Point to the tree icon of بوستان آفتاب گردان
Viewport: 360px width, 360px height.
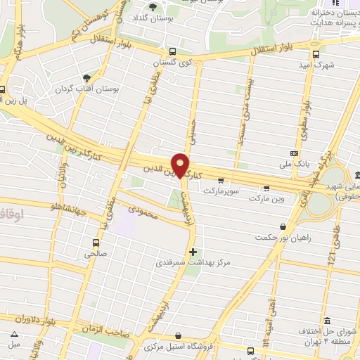pos(86,79)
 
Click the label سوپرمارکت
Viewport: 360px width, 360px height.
pos(222,191)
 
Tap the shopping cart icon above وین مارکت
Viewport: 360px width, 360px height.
pos(266,188)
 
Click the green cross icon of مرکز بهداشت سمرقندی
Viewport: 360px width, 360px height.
pos(193,252)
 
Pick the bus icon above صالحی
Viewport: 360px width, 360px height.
pos(95,240)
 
